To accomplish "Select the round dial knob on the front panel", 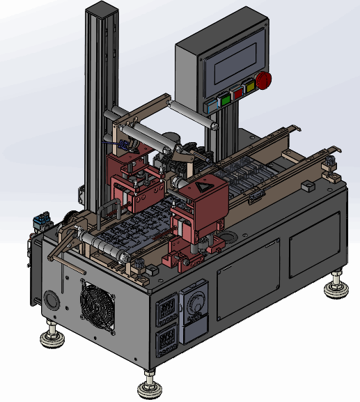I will pos(194,306).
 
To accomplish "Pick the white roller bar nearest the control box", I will pos(191,113).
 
